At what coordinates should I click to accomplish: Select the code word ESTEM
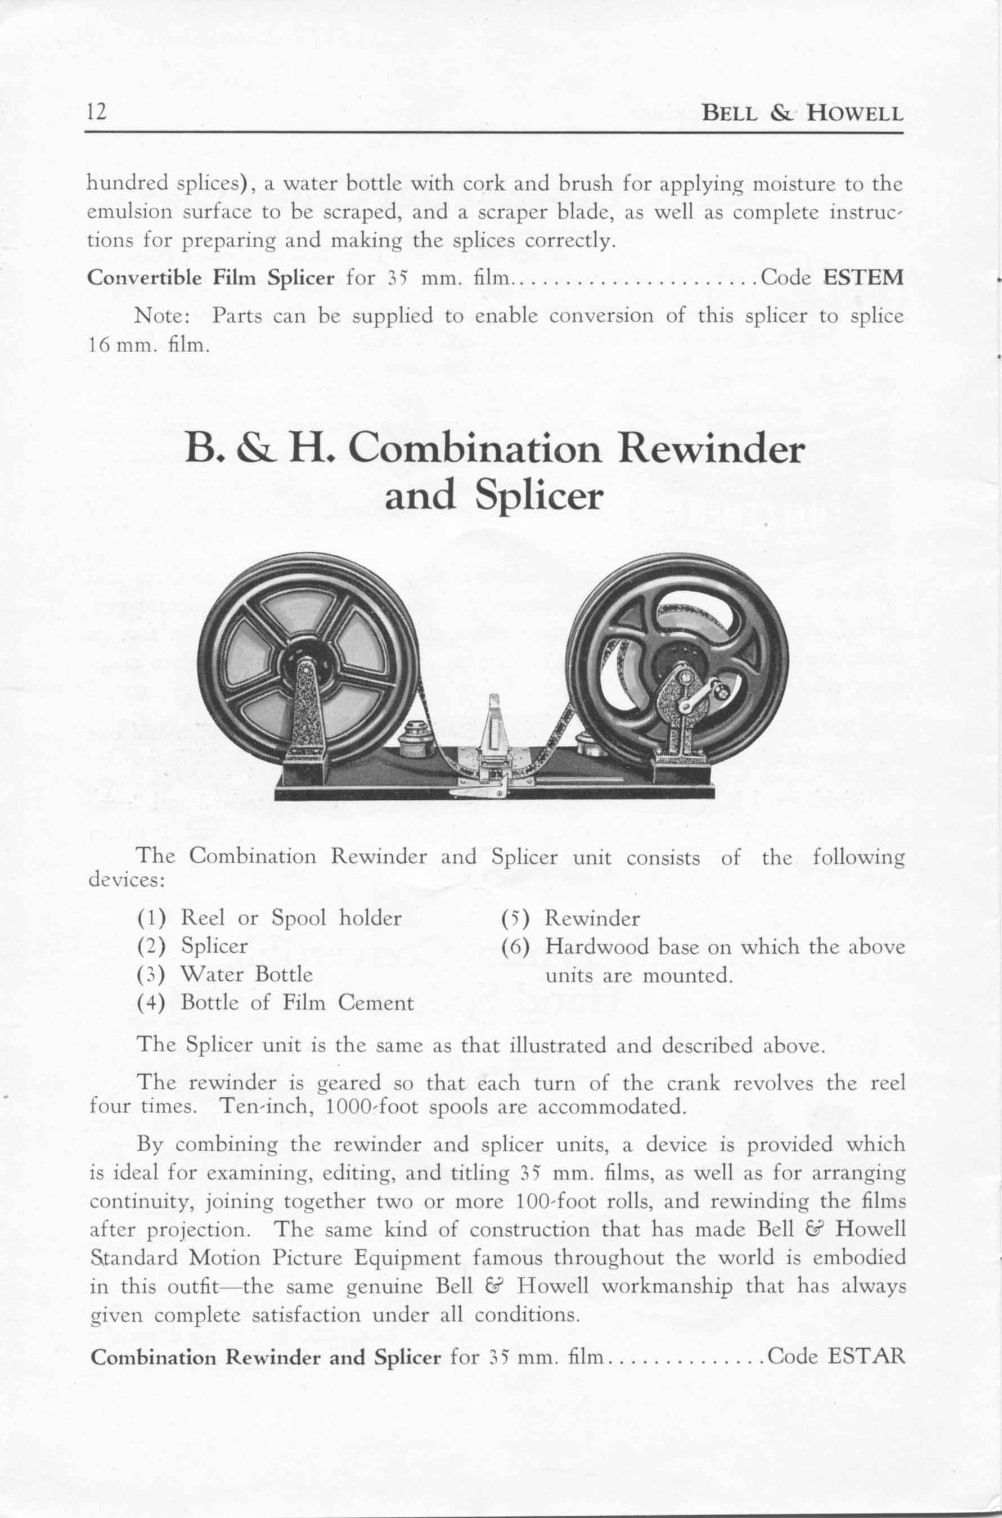pyautogui.click(x=862, y=278)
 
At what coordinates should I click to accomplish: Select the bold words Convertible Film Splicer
pyautogui.click(x=211, y=278)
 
